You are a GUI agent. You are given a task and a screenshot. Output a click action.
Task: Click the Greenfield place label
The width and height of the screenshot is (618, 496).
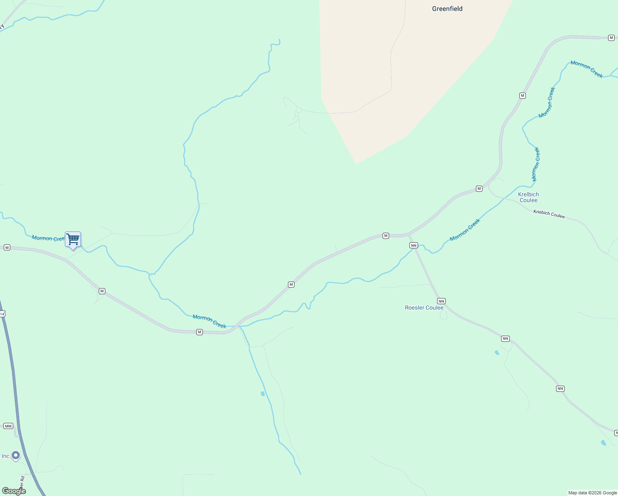click(x=447, y=9)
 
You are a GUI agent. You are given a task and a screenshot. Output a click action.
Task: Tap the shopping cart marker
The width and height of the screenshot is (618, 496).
click(x=73, y=239)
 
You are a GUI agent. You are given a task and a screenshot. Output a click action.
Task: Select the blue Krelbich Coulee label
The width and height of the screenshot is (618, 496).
click(x=528, y=197)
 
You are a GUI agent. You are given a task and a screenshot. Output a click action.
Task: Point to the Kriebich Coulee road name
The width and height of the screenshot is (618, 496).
click(x=549, y=214)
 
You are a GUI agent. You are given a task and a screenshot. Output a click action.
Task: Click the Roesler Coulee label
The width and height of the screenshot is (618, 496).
click(x=424, y=308)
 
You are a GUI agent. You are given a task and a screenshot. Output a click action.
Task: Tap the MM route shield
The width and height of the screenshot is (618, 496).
click(x=8, y=426)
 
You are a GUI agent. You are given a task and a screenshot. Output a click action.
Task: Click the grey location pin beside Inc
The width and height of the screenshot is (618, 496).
click(x=16, y=455)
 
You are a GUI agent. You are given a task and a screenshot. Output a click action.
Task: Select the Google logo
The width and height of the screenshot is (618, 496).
click(x=14, y=491)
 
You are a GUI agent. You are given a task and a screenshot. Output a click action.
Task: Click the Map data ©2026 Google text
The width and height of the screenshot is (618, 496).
click(x=592, y=493)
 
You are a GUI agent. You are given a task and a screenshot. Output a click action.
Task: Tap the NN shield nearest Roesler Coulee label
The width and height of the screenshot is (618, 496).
click(x=441, y=301)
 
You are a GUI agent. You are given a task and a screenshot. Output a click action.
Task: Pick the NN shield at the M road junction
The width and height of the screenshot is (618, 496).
click(x=414, y=246)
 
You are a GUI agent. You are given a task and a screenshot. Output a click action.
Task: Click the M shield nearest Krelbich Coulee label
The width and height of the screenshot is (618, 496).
click(x=479, y=188)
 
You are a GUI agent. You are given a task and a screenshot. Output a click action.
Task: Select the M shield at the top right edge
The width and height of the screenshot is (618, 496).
click(x=611, y=38)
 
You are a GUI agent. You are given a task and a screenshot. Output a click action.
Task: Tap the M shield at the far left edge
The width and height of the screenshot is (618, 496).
click(x=7, y=247)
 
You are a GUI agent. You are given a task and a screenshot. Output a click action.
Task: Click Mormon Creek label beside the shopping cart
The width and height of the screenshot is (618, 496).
click(x=48, y=238)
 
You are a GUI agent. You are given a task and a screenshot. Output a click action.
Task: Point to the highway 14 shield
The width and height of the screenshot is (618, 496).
click(x=2, y=314)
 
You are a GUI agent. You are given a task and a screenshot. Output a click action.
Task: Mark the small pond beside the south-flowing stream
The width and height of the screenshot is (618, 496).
click(x=263, y=394)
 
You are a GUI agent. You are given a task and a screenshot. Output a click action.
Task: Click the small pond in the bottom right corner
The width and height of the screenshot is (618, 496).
click(x=604, y=443)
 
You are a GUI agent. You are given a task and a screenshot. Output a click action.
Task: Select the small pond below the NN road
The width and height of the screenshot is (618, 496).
click(x=497, y=353)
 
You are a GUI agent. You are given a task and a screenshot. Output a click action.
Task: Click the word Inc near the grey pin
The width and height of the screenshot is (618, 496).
click(x=5, y=456)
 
